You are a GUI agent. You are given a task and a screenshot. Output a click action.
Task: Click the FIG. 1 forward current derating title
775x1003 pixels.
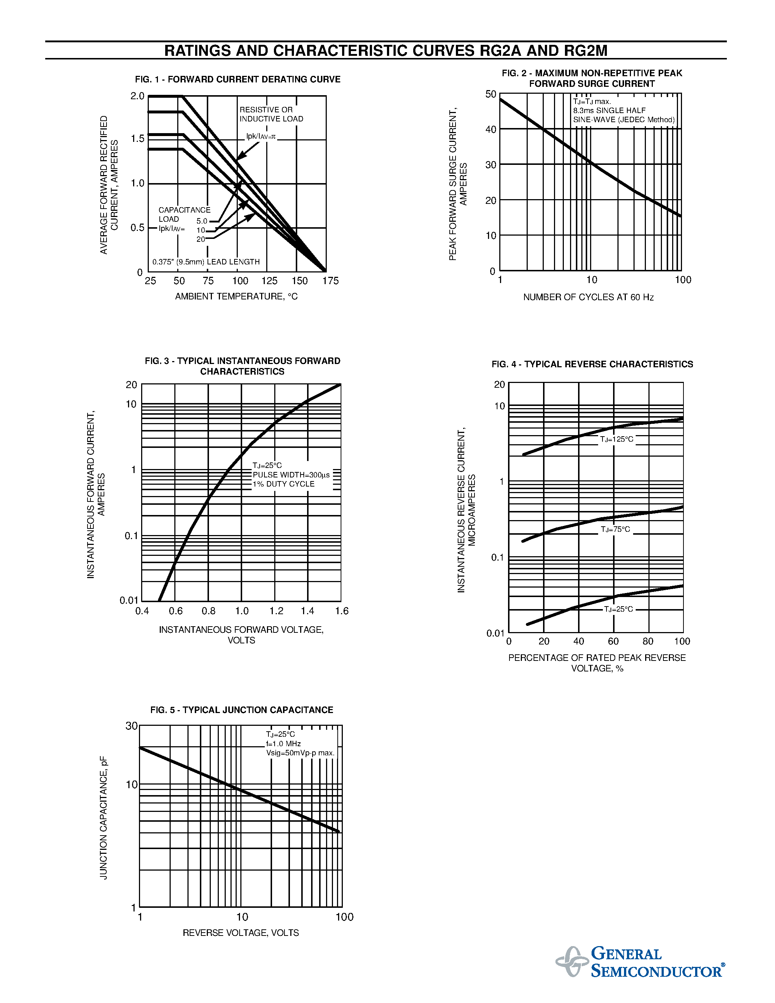click(237, 80)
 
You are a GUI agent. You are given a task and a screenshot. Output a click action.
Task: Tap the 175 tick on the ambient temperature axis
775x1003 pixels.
click(330, 280)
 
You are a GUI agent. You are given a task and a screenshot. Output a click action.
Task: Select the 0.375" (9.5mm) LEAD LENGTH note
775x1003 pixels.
click(206, 262)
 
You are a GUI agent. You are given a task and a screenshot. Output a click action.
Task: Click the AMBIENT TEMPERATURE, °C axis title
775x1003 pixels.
click(236, 297)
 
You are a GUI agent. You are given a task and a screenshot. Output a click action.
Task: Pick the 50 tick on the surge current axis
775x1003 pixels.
click(491, 94)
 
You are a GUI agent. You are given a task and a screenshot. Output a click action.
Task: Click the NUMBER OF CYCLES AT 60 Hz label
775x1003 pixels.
click(588, 297)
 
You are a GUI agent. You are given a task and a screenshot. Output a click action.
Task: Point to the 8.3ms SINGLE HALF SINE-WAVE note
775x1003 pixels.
click(624, 115)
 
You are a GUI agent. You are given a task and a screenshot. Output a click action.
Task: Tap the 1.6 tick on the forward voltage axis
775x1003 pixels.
click(342, 611)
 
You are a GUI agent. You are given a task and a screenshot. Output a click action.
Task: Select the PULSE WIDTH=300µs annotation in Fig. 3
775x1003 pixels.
click(291, 475)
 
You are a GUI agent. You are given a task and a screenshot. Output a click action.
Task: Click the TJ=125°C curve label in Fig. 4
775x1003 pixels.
click(617, 439)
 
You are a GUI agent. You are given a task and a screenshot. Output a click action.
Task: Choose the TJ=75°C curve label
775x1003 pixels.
click(616, 530)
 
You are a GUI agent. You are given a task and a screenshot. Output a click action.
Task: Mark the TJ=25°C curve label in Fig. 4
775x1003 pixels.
click(619, 609)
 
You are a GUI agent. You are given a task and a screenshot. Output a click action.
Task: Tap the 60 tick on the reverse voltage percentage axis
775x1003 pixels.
click(613, 641)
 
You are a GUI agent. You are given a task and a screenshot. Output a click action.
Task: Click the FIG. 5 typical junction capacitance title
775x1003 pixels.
click(241, 710)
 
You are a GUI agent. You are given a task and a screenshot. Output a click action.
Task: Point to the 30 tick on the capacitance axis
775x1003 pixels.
click(132, 725)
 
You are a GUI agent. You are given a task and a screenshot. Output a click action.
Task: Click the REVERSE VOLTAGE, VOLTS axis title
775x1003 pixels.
click(241, 933)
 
